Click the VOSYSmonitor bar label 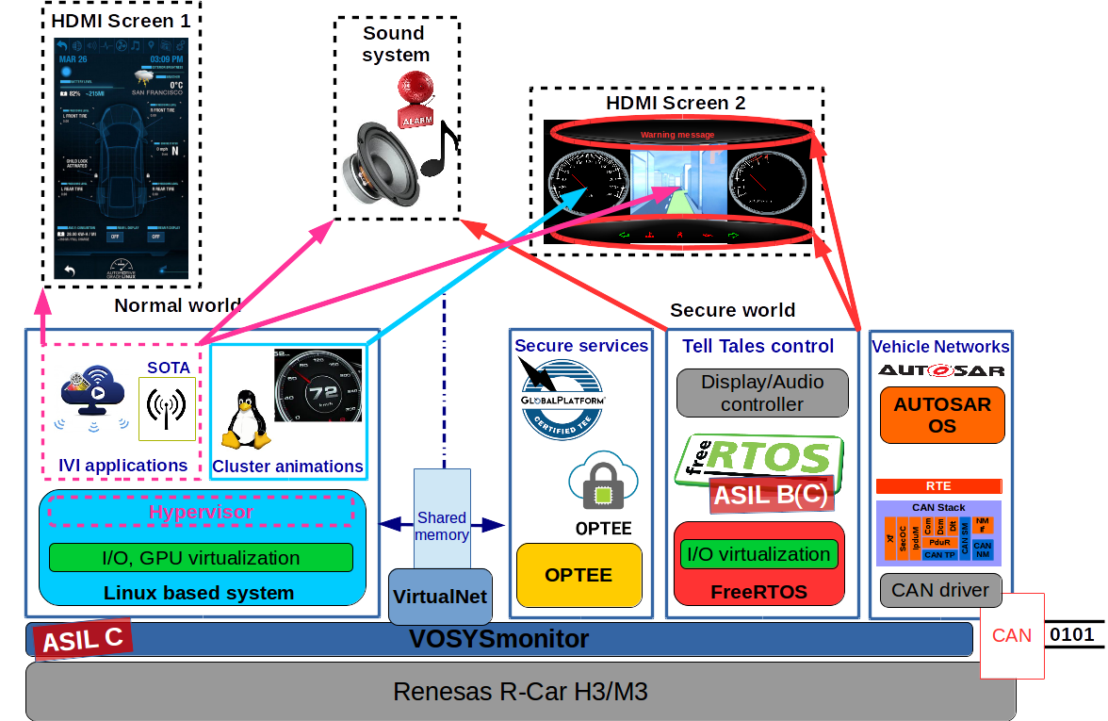tap(498, 639)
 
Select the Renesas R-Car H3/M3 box tap(520, 692)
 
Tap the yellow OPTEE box tap(578, 575)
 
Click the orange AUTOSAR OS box tap(942, 415)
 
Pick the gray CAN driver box tap(939, 590)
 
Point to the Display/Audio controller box tap(762, 393)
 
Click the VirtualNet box tap(440, 597)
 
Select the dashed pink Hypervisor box tap(201, 512)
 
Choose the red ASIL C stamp tap(83, 640)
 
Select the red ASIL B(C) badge tap(770, 495)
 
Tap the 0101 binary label tap(1071, 634)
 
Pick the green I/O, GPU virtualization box tap(201, 557)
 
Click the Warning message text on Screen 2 tap(676, 135)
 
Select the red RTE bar tap(938, 486)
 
